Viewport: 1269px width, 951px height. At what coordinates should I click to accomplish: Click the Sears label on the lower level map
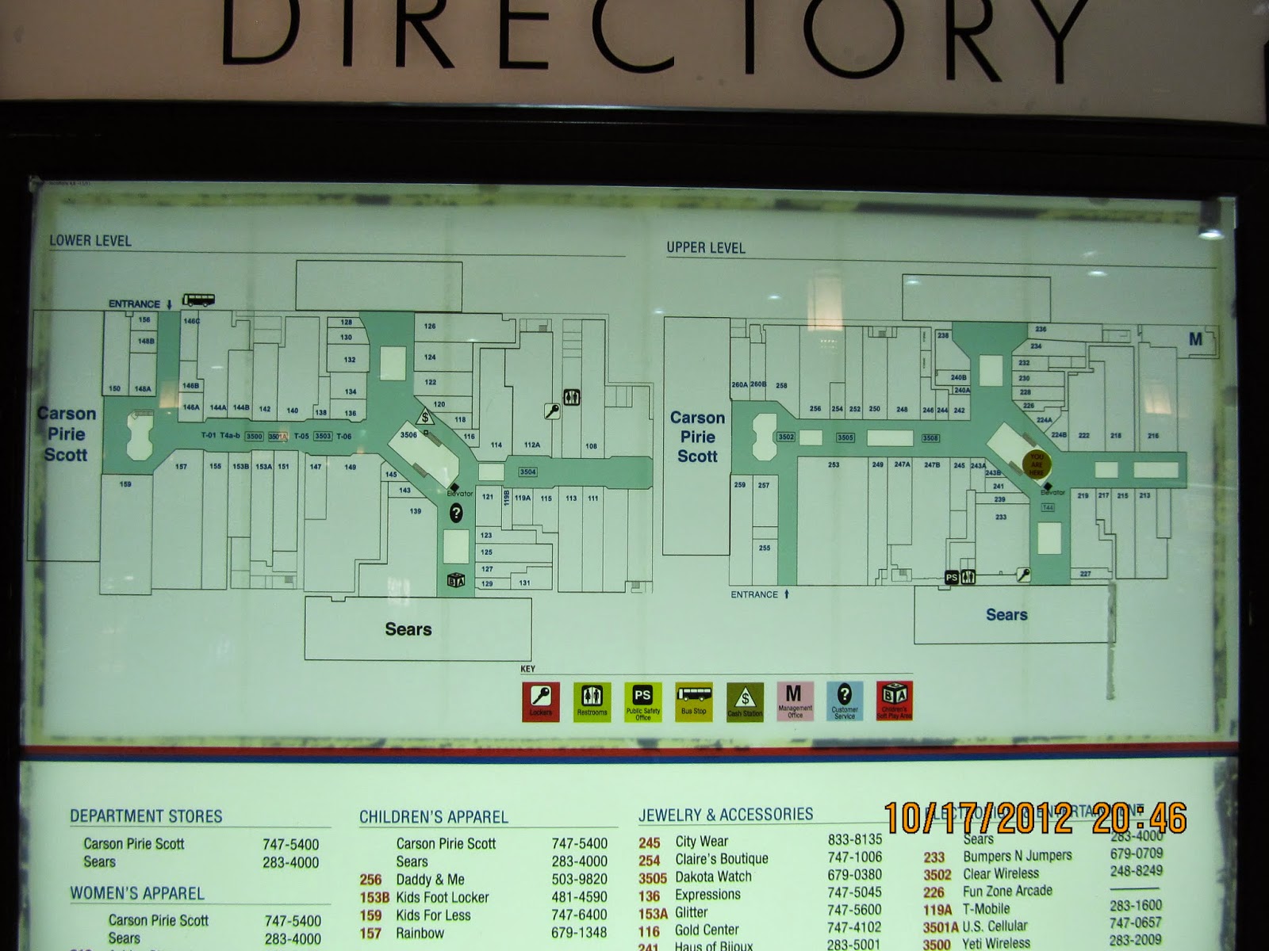coord(408,629)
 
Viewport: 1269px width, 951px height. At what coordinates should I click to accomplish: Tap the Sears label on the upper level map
coord(1006,614)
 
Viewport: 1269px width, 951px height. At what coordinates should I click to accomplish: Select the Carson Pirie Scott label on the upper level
coord(697,437)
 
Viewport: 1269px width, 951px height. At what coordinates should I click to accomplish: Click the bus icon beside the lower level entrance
coord(198,300)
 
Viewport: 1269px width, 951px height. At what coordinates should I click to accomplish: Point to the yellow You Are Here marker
coord(1037,463)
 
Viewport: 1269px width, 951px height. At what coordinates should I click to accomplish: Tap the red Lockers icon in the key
coord(541,701)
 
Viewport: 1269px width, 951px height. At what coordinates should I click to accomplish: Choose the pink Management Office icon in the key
coord(794,701)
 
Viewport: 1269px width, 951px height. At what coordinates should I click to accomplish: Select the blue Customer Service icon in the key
coord(845,701)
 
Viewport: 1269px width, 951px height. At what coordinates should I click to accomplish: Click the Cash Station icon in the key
coord(744,701)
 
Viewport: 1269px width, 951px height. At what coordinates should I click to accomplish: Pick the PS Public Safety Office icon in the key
coord(642,701)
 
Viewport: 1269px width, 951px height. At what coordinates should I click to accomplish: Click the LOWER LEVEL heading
coord(90,241)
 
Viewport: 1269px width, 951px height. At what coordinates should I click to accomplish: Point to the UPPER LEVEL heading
coord(706,248)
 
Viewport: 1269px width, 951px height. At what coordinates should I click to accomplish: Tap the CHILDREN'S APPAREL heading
coord(434,817)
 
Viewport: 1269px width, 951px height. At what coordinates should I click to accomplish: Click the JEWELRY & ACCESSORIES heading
coord(726,815)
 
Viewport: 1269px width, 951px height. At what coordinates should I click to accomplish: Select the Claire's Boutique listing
coord(721,859)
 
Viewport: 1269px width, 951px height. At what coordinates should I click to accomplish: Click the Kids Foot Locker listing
coord(442,897)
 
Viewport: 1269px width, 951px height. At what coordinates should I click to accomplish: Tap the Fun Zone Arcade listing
coord(1007,891)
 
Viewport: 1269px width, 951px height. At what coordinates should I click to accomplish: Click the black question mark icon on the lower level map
coord(456,514)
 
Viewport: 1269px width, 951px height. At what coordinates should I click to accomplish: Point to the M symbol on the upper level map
coord(1195,339)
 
